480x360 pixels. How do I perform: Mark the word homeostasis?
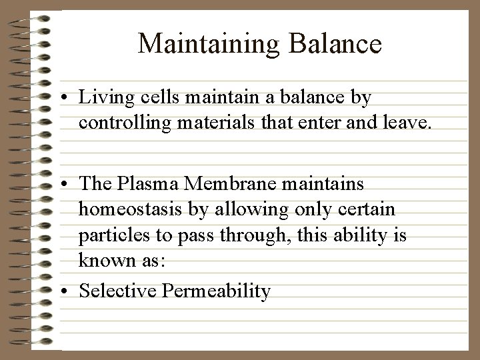pos(129,210)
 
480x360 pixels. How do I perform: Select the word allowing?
pos(247,210)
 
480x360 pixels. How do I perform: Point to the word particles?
pos(111,235)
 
